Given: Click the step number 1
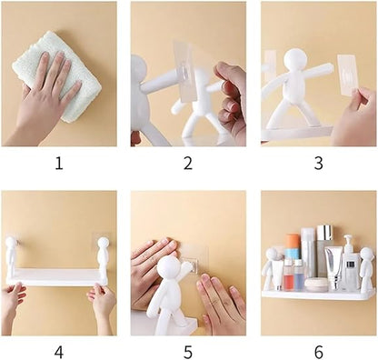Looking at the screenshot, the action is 59,164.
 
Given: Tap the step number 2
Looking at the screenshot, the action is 188,164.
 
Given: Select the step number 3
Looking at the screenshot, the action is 318,164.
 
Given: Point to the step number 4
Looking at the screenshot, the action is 59,353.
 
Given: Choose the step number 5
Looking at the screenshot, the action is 188,353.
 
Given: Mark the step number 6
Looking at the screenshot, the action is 318,353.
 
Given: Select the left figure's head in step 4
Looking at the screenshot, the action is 12,242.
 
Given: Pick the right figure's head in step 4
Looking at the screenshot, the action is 103,243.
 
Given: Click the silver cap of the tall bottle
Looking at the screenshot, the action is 325,232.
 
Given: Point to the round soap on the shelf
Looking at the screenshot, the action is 316,285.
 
